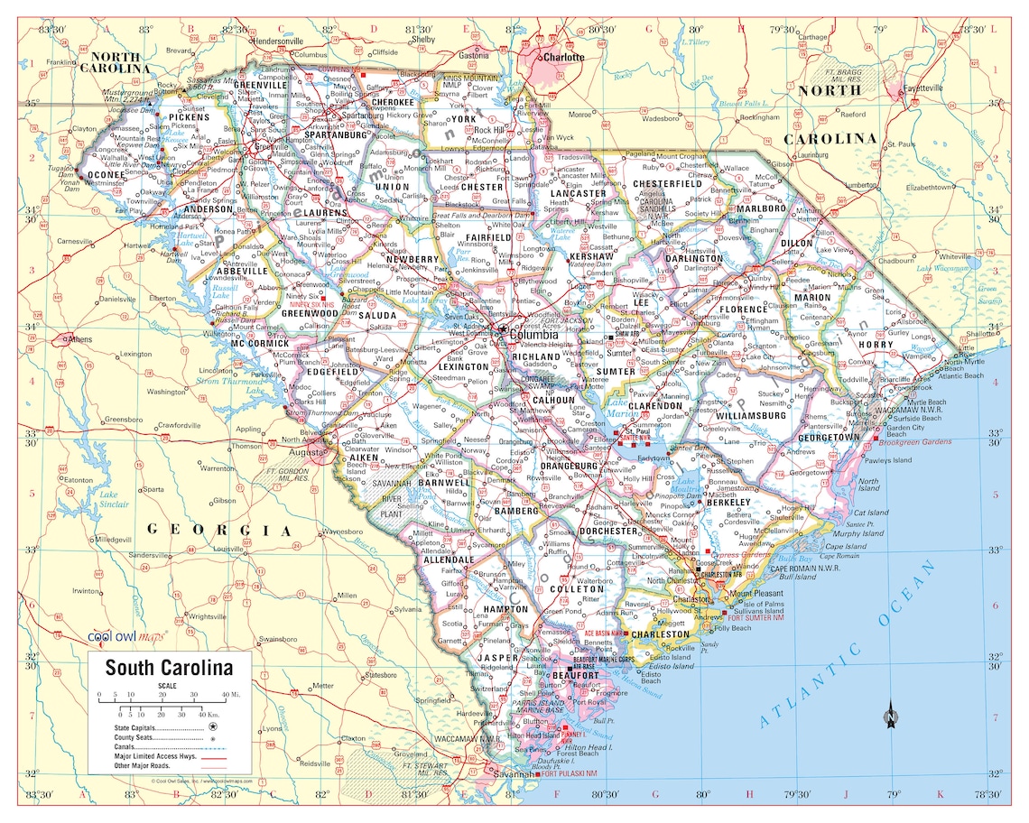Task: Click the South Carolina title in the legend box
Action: [169, 668]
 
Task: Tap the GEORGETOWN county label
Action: [829, 437]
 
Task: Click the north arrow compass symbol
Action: [891, 715]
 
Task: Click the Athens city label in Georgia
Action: [79, 339]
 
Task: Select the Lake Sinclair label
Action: [109, 500]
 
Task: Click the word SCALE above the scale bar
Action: [168, 686]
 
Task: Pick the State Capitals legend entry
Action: [149, 726]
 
